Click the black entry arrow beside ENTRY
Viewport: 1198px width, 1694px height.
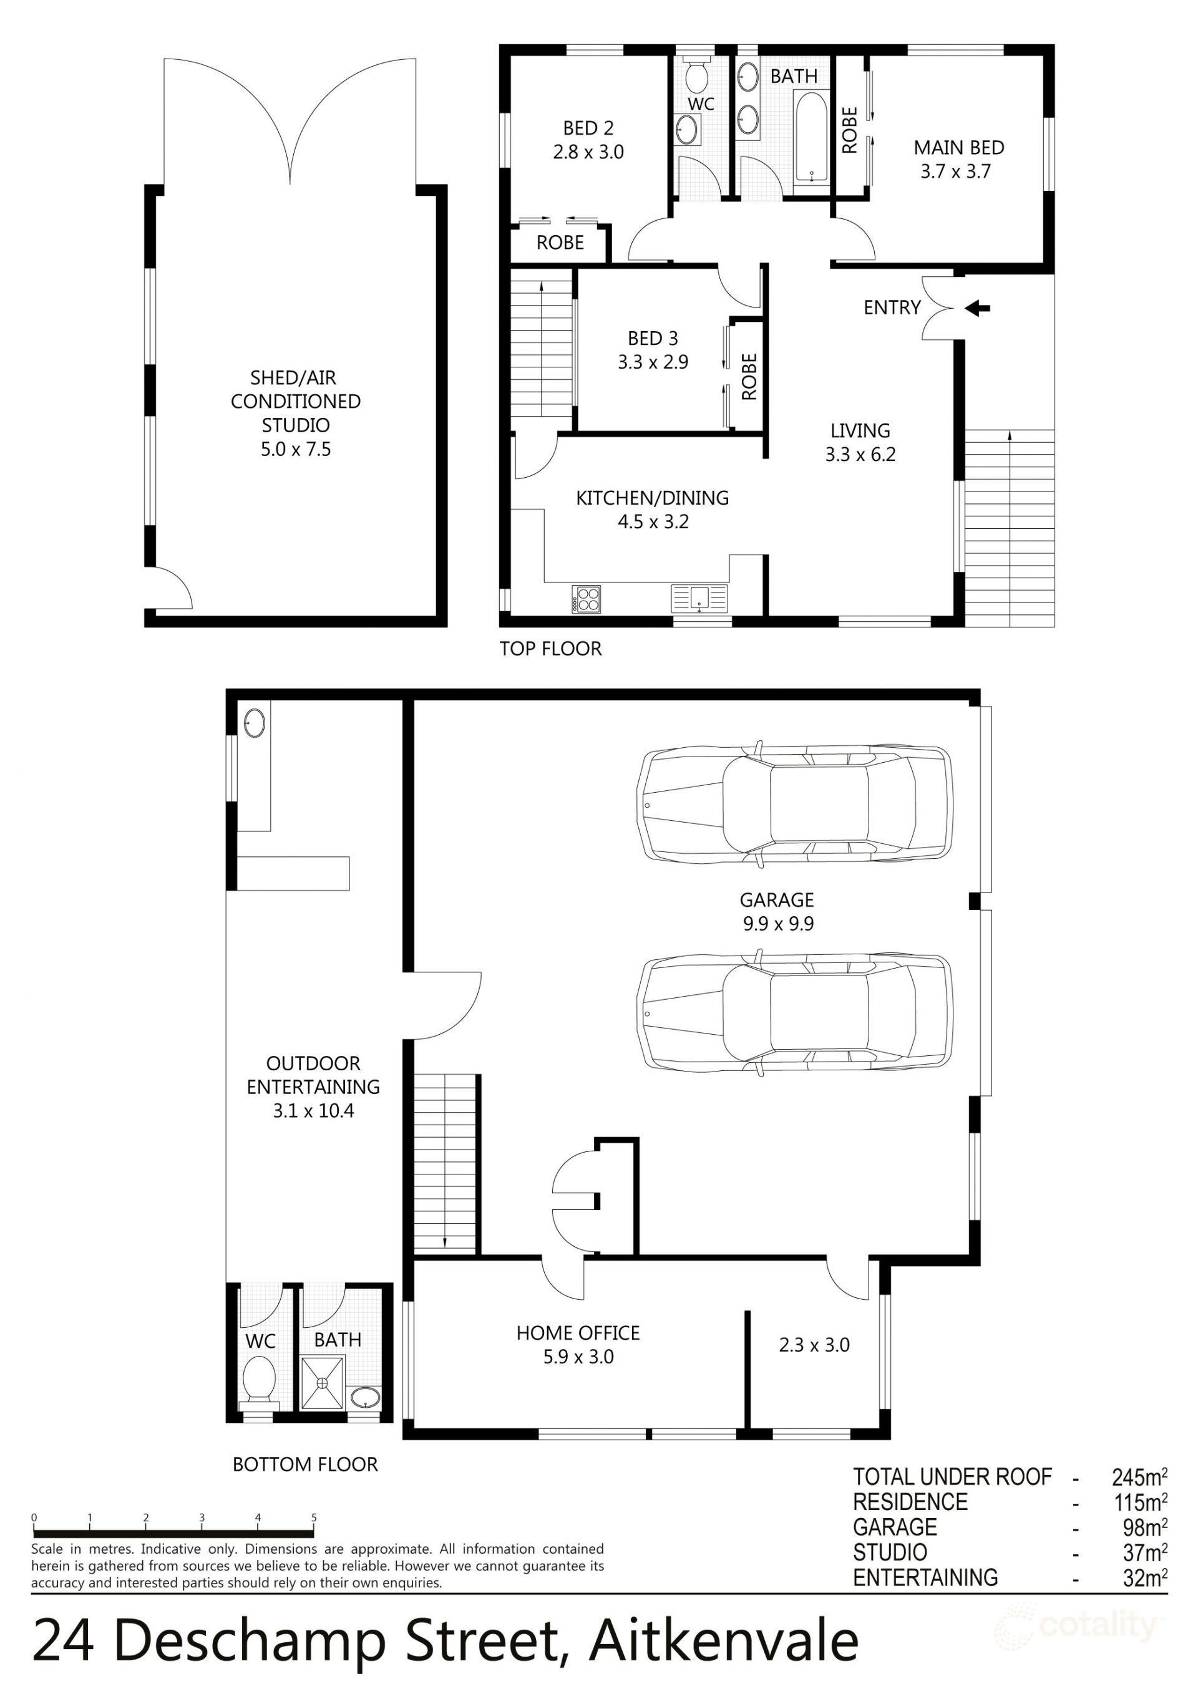977,307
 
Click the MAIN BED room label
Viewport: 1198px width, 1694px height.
958,148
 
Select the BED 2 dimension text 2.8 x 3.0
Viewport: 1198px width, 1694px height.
588,152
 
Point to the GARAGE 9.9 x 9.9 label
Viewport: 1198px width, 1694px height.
777,911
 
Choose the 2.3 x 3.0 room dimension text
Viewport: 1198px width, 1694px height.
814,1345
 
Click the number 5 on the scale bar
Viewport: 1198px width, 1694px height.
314,1518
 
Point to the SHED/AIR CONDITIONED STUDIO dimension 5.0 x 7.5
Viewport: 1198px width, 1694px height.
295,448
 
